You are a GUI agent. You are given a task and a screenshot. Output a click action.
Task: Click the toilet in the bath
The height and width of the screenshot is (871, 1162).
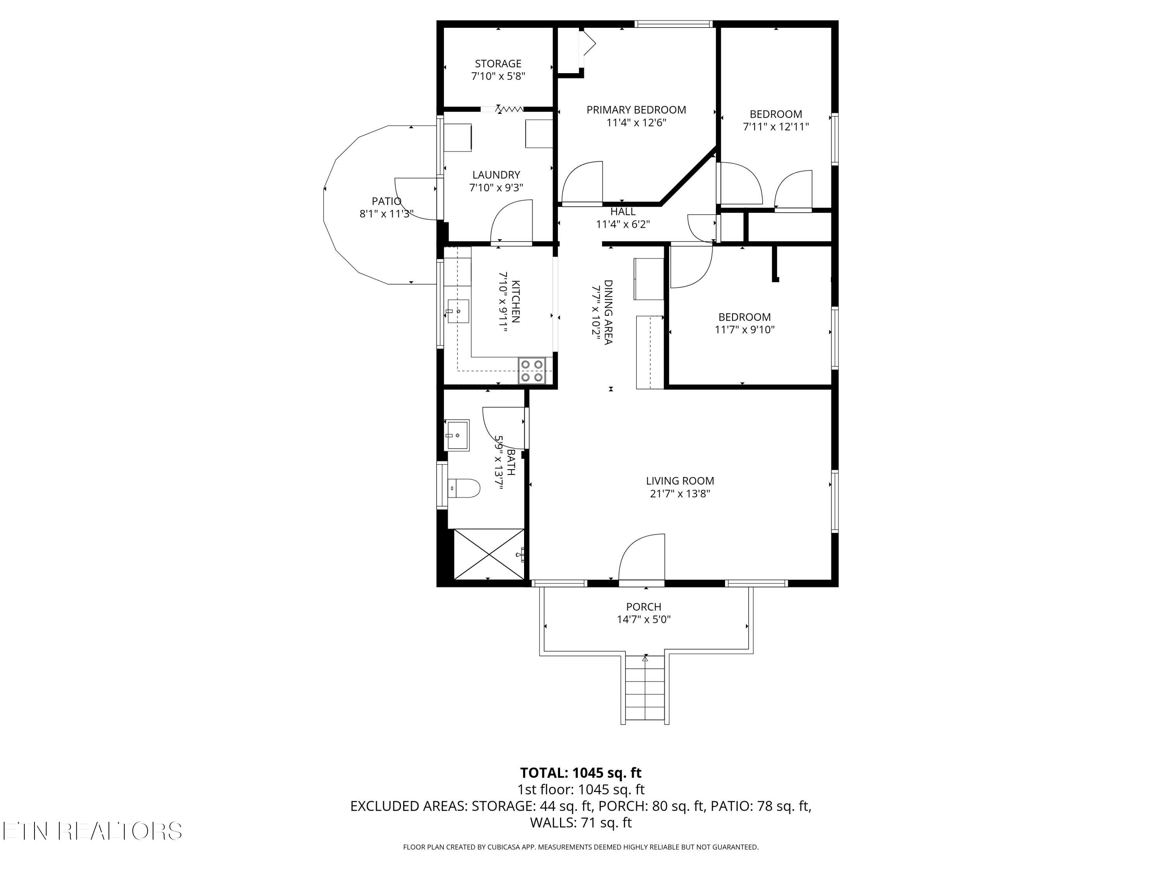464,488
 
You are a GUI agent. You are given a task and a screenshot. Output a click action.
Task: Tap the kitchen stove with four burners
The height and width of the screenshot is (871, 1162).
532,371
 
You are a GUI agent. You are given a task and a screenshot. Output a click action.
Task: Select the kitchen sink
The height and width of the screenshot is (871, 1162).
458,311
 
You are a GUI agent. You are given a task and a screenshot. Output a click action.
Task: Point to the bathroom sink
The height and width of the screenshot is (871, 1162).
457,435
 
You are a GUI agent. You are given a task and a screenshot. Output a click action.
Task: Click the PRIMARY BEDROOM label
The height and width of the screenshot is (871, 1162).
636,110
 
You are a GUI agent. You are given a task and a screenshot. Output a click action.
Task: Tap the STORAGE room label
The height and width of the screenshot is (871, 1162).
498,63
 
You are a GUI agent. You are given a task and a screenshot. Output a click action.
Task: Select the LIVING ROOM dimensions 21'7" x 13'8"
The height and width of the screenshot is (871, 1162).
680,494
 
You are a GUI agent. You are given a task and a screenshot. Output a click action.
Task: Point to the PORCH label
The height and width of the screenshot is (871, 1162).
643,606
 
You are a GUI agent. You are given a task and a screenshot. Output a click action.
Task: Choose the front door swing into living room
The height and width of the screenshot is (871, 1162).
642,557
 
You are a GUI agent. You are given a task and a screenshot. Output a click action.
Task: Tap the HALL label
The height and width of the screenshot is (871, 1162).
623,212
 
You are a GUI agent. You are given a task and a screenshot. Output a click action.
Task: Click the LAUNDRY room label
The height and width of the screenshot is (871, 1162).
496,175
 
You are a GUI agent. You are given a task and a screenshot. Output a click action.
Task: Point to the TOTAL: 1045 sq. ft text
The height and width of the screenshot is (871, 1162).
581,773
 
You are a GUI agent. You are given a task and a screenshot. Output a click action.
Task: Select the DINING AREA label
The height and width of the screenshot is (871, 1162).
608,312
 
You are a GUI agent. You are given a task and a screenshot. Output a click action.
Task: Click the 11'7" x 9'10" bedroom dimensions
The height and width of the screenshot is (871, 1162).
744,330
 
